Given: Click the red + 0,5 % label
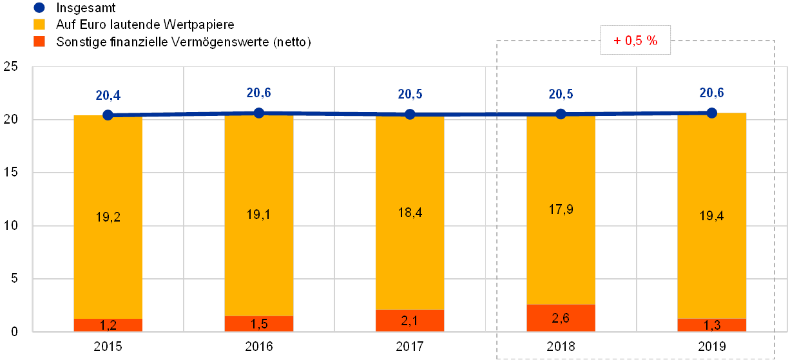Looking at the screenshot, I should [x=635, y=41].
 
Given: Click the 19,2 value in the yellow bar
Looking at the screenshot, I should [x=108, y=217].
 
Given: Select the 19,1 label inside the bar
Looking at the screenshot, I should [x=258, y=214].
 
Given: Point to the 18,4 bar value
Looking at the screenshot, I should [x=410, y=213].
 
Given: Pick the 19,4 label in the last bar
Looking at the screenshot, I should [x=711, y=216].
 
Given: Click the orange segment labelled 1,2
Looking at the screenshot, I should [x=108, y=325].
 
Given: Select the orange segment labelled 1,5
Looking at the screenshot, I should [x=258, y=323].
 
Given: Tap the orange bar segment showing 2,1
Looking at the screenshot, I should [x=410, y=320].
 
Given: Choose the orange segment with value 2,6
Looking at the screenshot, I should [x=561, y=317].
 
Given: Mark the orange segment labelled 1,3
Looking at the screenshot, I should [x=711, y=325].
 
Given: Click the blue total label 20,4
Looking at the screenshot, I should [x=108, y=96].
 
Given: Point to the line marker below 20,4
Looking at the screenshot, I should [x=108, y=115].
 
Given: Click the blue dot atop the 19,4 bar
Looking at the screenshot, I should [x=711, y=113].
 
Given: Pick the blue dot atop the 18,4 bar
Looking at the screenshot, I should [x=410, y=114].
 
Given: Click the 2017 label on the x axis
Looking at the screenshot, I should [x=410, y=346].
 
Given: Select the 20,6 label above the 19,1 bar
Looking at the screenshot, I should [x=258, y=93].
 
